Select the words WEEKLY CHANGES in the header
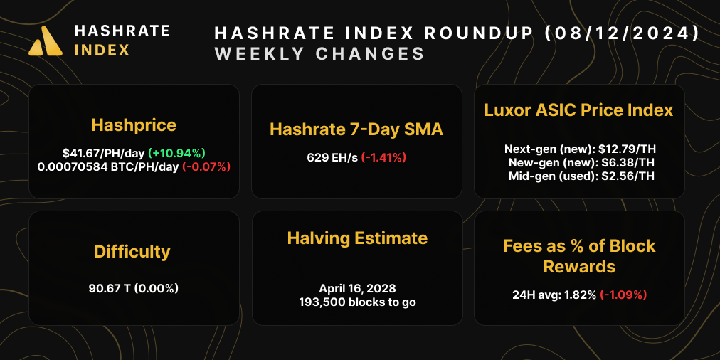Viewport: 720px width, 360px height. pyautogui.click(x=319, y=54)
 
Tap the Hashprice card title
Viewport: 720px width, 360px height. pyautogui.click(x=134, y=125)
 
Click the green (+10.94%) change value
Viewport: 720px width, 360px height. pyautogui.click(x=176, y=152)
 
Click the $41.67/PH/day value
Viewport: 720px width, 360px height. pyautogui.click(x=103, y=152)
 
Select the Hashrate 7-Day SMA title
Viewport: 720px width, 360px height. pyautogui.click(x=356, y=129)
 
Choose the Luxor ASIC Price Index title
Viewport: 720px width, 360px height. pyautogui.click(x=578, y=110)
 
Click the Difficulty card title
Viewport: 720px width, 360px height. pyautogui.click(x=132, y=251)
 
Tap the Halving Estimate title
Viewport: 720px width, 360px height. pyautogui.click(x=357, y=238)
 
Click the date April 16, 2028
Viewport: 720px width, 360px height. pyautogui.click(x=357, y=288)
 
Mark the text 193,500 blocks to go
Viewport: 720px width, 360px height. pyautogui.click(x=357, y=302)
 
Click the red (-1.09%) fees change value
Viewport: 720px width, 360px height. pyautogui.click(x=623, y=294)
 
